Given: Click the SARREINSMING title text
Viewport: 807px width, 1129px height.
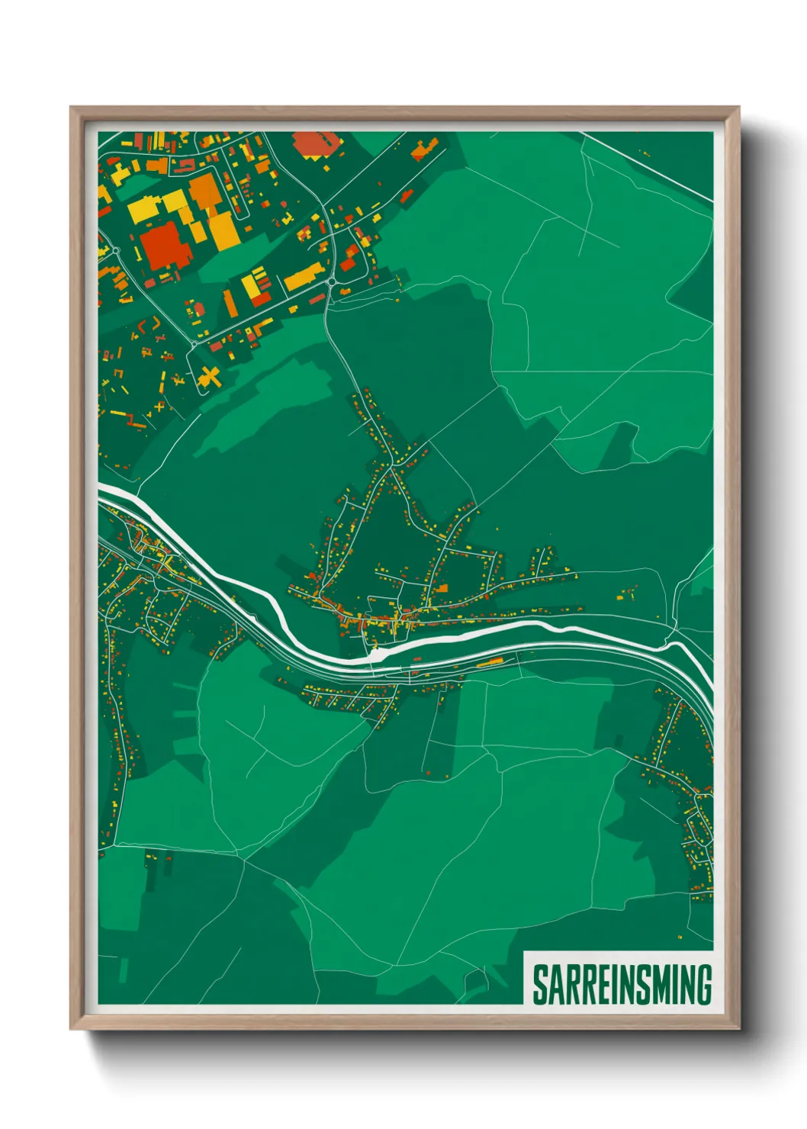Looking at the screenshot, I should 622,984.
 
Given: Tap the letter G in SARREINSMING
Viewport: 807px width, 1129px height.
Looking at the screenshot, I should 703,984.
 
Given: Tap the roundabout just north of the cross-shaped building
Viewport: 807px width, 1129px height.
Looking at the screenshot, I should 194,344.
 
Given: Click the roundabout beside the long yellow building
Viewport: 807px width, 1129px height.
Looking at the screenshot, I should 333,281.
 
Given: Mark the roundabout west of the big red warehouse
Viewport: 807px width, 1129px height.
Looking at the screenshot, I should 116,249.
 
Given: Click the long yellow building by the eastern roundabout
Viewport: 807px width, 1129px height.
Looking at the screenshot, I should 303,276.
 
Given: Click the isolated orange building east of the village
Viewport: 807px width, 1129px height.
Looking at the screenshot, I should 630,589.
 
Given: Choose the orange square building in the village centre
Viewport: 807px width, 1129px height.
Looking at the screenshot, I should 440,589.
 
